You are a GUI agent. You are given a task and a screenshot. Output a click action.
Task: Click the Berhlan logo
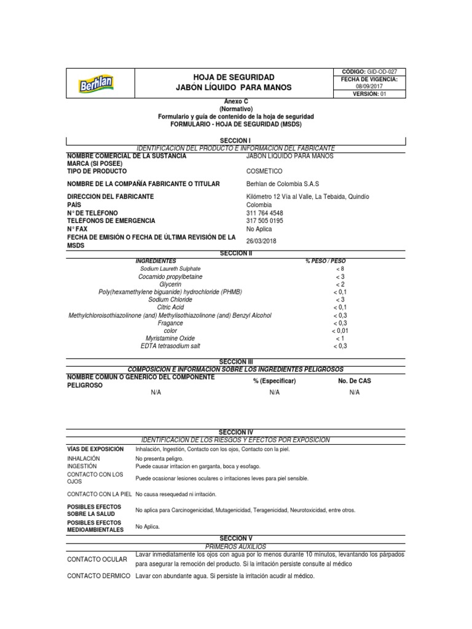point(96,83)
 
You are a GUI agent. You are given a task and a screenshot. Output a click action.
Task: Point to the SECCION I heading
point(235,141)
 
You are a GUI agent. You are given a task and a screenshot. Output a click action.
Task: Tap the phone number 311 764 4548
point(265,213)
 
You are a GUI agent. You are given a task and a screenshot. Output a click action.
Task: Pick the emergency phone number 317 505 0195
point(265,221)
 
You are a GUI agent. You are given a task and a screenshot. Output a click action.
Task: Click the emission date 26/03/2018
point(261,241)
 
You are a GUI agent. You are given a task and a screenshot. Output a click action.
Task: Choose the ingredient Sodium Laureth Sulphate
point(170,269)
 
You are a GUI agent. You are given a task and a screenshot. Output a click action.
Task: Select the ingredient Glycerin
point(170,284)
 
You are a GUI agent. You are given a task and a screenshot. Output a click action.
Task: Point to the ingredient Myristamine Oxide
point(170,338)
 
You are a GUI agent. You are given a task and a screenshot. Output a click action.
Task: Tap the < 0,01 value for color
point(340,330)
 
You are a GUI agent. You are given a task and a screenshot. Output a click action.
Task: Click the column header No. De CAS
point(355,381)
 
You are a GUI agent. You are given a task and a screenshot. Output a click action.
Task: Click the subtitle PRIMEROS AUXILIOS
point(235,546)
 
